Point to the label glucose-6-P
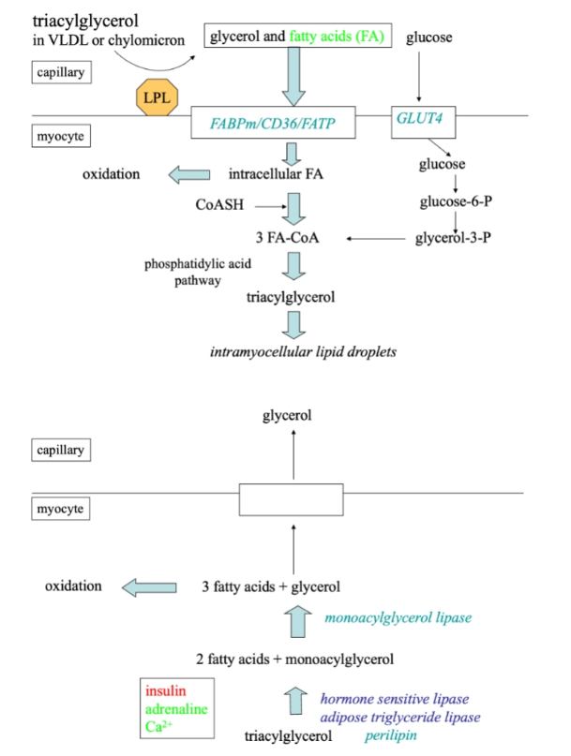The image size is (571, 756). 454,200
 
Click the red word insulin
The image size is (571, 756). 166,690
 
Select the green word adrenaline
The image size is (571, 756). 176,708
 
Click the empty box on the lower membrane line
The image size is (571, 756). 293,499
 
